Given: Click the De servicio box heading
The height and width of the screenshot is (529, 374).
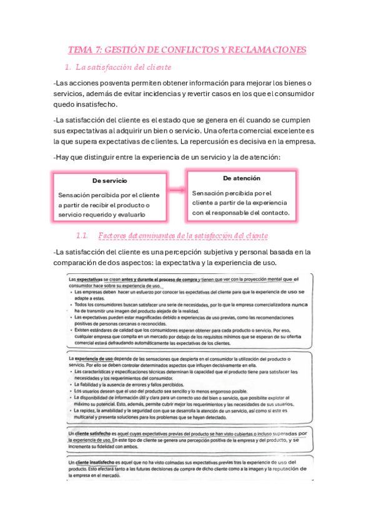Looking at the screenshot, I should point(109,180).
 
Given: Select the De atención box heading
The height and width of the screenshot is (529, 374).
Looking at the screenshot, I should point(242,178).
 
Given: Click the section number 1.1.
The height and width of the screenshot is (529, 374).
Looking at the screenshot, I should point(82,236).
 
